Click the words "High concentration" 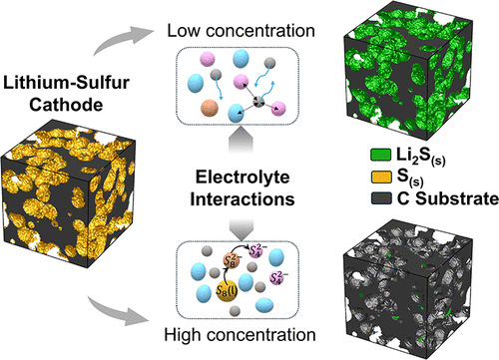click(x=249, y=342)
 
